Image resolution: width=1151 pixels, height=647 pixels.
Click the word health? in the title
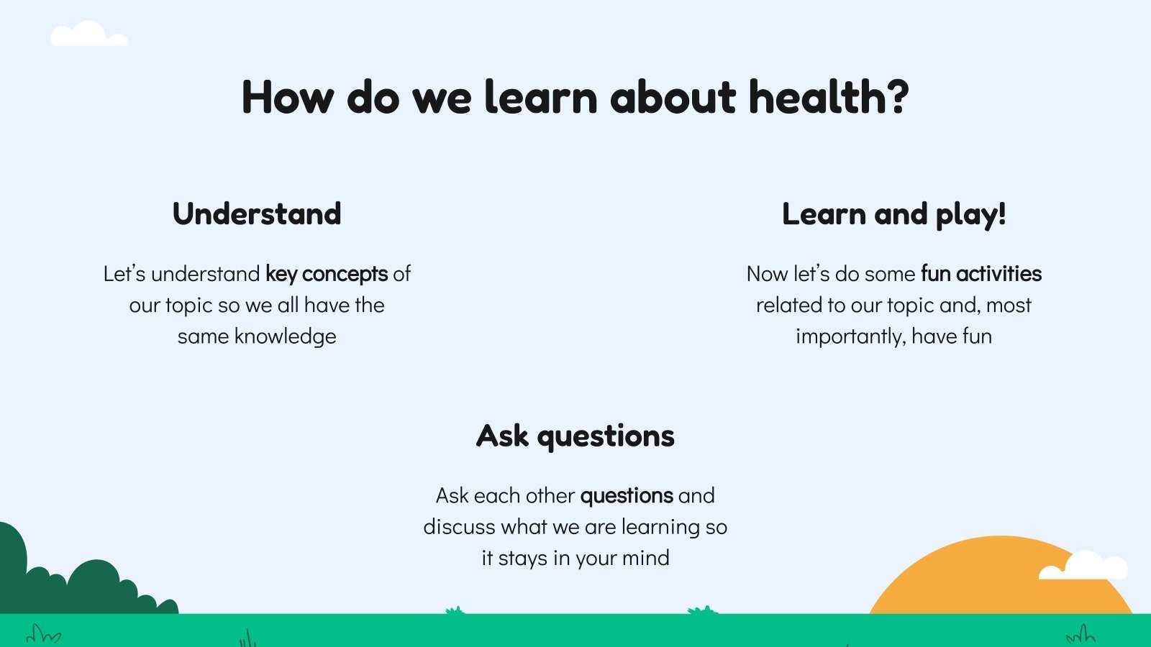[829, 96]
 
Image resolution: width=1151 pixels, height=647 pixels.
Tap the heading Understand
[257, 214]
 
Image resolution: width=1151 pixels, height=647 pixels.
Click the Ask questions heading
[575, 436]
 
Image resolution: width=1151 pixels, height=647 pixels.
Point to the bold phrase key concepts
[327, 274]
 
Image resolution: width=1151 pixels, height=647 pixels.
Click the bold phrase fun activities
[981, 273]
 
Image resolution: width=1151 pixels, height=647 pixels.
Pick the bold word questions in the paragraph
[627, 496]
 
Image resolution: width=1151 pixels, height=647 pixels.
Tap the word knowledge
[285, 337]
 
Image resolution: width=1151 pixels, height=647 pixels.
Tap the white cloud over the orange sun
[1083, 565]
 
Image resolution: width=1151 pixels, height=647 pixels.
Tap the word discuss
[460, 527]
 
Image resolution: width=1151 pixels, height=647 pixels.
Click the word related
[788, 306]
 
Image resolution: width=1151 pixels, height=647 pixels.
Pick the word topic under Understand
[189, 306]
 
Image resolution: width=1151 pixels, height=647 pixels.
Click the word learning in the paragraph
[660, 528]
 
